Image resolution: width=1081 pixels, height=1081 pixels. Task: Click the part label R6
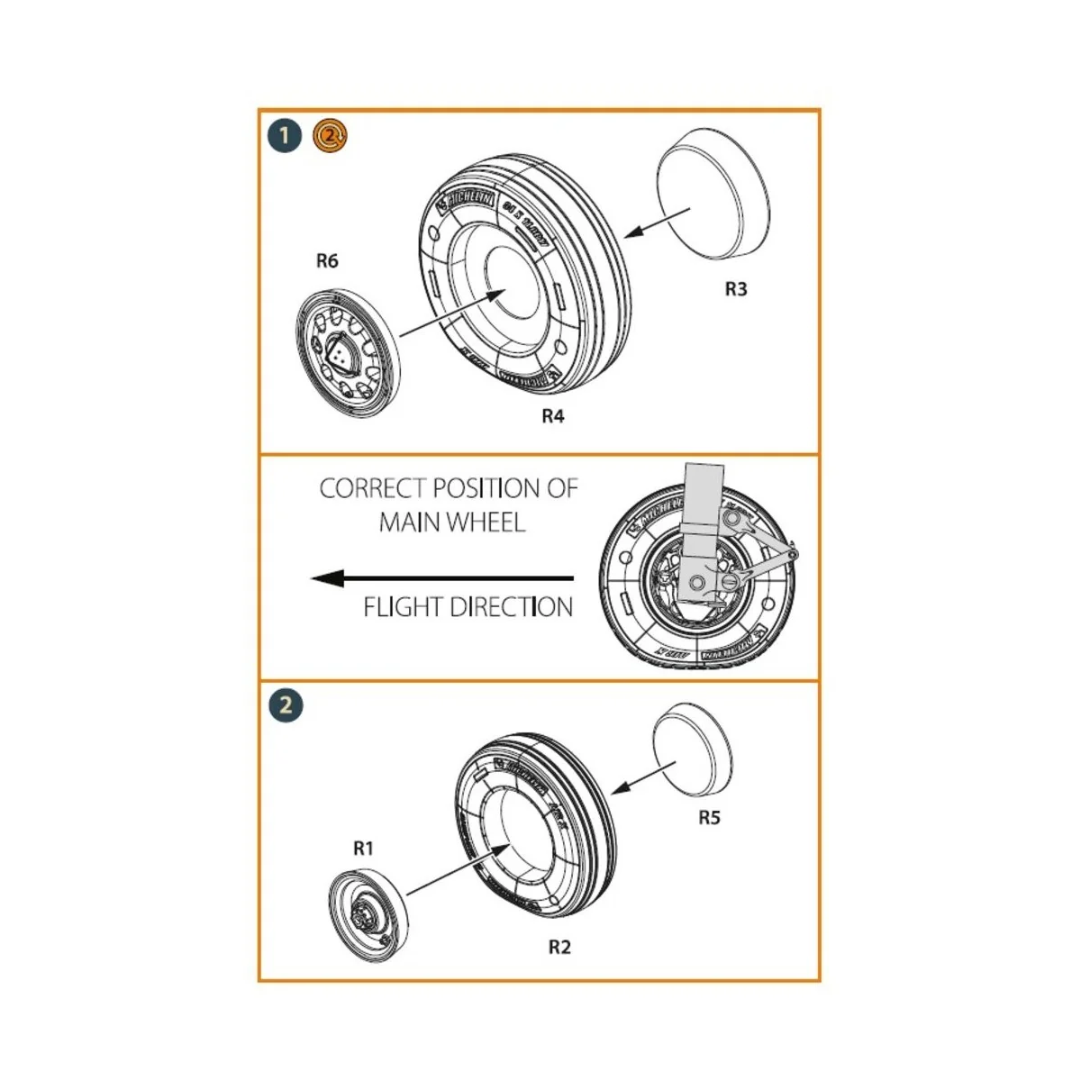(x=327, y=260)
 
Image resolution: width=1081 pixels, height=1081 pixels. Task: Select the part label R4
(x=552, y=416)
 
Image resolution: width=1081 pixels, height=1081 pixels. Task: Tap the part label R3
(x=736, y=289)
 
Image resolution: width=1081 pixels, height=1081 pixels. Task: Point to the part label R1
(x=363, y=848)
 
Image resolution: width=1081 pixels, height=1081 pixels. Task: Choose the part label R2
(x=559, y=947)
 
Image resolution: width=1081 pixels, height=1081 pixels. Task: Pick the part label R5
(x=709, y=818)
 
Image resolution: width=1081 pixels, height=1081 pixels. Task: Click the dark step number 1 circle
(x=285, y=137)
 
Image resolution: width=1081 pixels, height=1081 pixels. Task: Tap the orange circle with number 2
(x=330, y=136)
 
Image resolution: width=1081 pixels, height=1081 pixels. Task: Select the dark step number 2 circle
(x=286, y=704)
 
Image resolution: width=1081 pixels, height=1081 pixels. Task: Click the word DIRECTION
(x=511, y=607)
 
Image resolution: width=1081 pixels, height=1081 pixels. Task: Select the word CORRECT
(x=372, y=488)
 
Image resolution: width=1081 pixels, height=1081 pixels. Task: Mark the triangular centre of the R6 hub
(x=342, y=353)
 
